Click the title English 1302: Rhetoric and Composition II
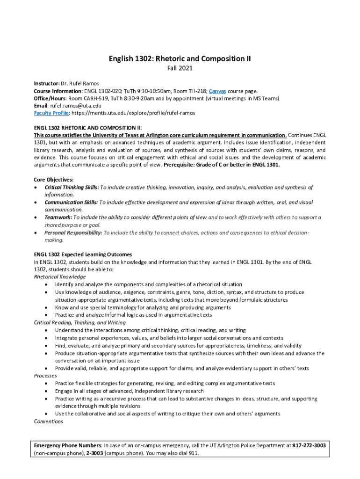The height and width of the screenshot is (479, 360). [180, 59]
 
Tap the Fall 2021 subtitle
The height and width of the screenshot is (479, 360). [180, 68]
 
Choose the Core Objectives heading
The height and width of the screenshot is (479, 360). [54, 180]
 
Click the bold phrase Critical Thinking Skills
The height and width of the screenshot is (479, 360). [72, 187]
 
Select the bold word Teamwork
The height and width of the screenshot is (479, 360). [58, 218]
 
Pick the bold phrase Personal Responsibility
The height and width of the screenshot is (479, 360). [73, 232]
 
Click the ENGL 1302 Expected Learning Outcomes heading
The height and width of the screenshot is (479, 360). [83, 254]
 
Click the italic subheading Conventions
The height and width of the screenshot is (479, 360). [49, 421]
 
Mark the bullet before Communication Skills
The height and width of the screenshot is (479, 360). [36, 203]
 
